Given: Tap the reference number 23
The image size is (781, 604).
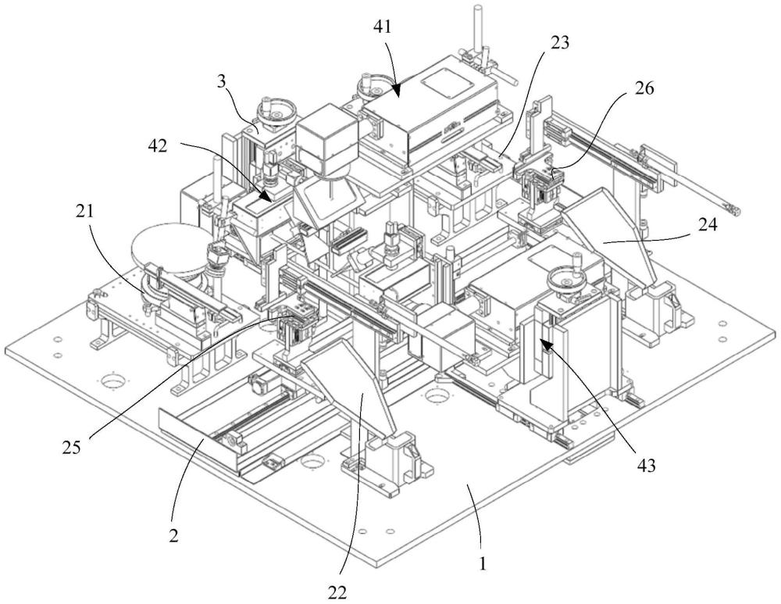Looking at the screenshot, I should [x=559, y=44].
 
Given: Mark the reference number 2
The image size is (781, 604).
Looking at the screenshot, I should [x=173, y=536].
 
